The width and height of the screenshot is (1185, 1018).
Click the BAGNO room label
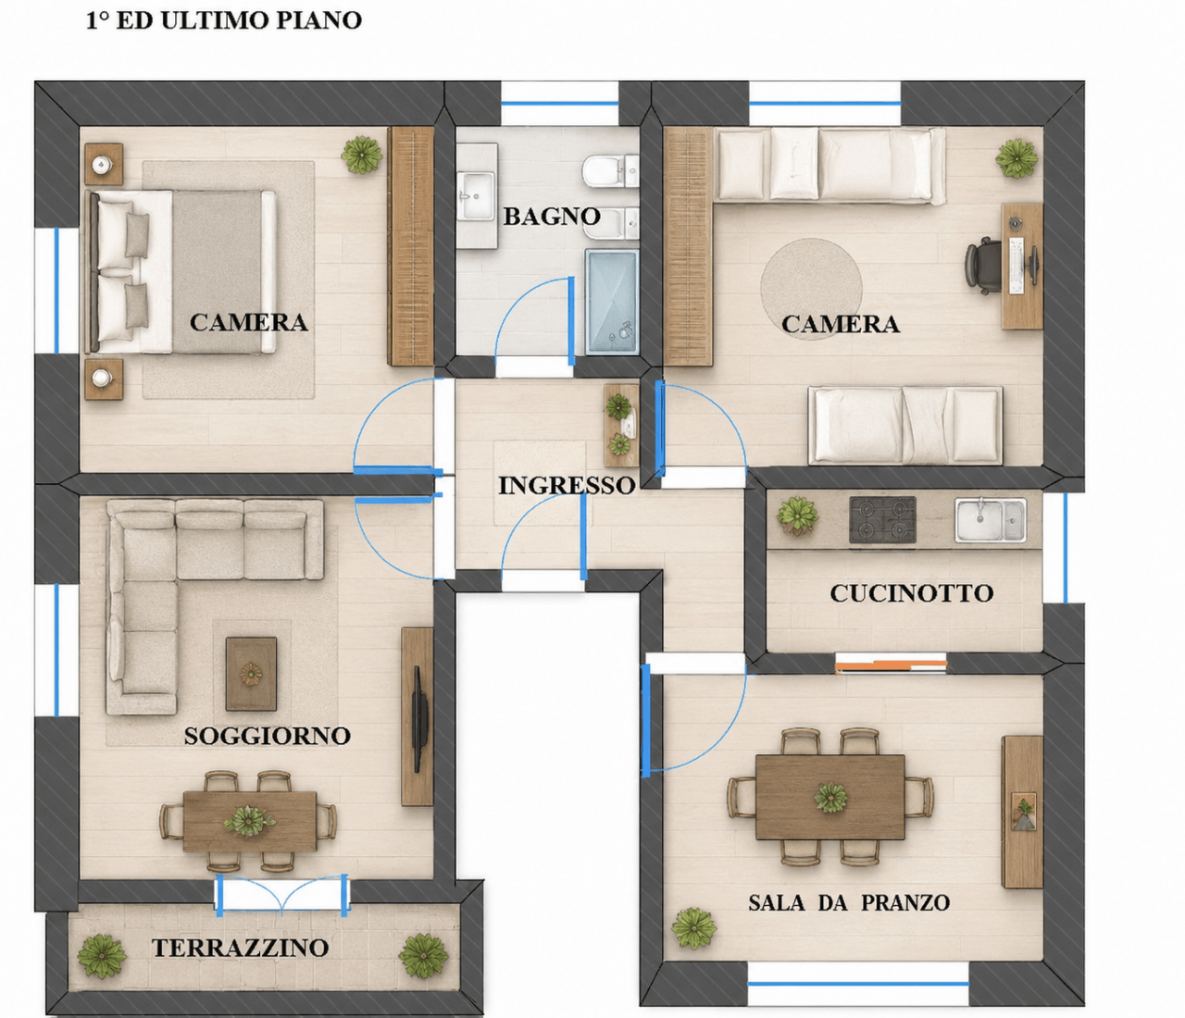tap(552, 217)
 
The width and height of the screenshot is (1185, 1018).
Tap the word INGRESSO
tap(567, 486)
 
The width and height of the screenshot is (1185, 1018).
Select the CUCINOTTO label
tap(912, 593)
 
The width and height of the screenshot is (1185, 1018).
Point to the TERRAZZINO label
tap(240, 948)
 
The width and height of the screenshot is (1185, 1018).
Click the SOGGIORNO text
tap(268, 736)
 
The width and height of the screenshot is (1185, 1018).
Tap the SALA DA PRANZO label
tap(849, 903)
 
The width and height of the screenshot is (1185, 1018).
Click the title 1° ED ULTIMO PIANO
tap(224, 20)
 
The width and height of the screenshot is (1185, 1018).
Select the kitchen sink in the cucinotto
tap(990, 519)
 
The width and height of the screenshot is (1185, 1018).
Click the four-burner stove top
tap(882, 519)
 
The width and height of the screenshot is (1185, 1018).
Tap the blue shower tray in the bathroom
tap(612, 302)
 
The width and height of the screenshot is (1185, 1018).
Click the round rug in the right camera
tap(811, 289)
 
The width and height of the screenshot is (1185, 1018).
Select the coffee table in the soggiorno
tap(251, 674)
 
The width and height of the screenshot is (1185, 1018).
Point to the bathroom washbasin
tap(477, 195)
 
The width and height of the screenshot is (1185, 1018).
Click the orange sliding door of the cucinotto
tap(891, 664)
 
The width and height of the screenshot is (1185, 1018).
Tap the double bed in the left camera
tap(181, 272)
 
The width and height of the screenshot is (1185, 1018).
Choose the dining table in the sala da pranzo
tap(830, 798)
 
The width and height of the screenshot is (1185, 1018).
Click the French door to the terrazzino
tap(281, 895)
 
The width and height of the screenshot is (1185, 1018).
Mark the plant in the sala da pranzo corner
tap(693, 927)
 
